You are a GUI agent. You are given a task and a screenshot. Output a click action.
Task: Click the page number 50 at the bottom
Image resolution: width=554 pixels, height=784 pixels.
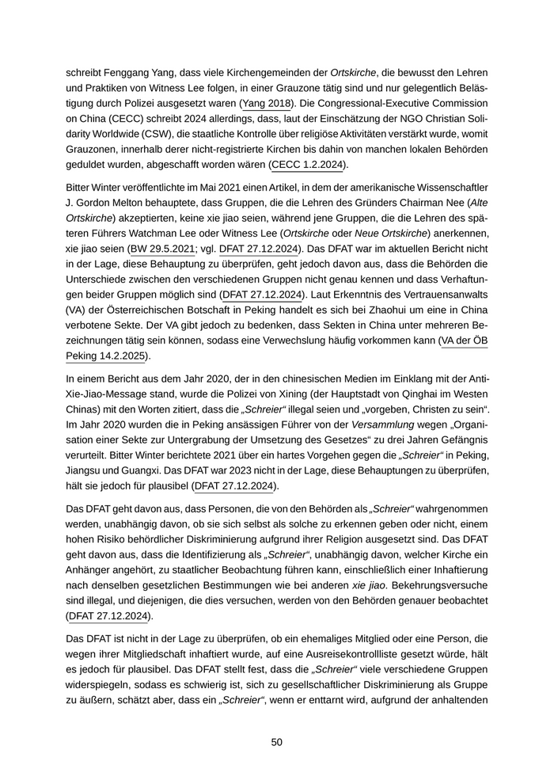pos(277,742)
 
